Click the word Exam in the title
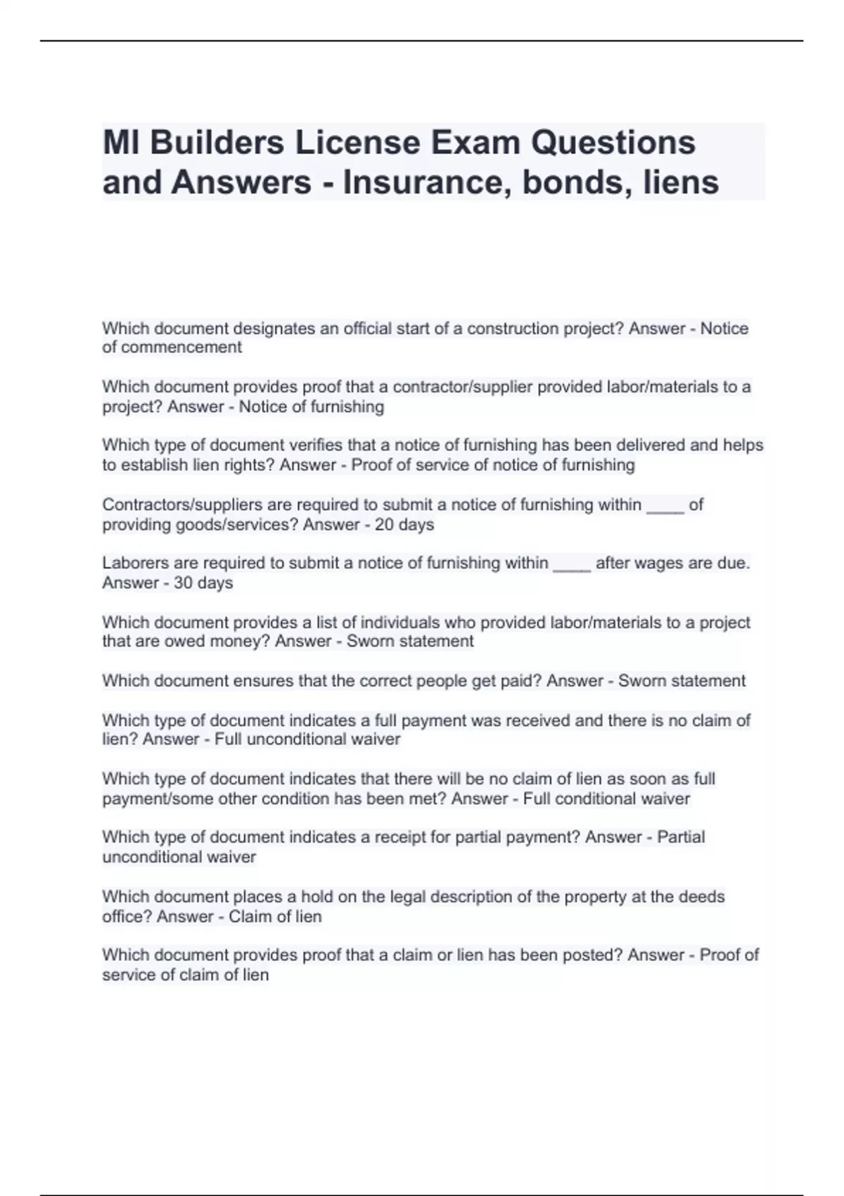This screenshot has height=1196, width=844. [475, 143]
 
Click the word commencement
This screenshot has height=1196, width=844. [181, 348]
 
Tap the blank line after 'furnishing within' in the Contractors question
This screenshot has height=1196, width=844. [664, 507]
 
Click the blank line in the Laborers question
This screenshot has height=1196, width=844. [571, 565]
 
